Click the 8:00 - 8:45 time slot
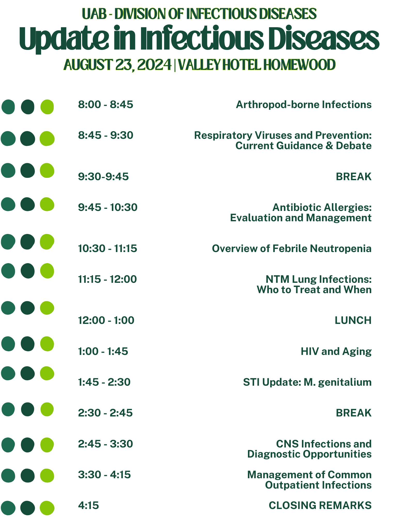(106, 105)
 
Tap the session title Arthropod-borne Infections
(304, 105)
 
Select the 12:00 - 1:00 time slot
(106, 321)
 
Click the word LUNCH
(353, 321)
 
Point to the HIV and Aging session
(336, 352)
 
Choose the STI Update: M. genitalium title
(307, 382)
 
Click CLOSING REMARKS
(320, 505)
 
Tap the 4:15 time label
(89, 505)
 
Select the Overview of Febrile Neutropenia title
(292, 249)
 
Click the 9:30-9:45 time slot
(103, 177)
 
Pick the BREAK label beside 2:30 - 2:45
(354, 413)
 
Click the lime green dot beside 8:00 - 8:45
(47, 107)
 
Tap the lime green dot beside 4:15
(47, 508)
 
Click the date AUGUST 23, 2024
(118, 65)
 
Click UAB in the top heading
(94, 14)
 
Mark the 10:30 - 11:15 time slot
(107, 249)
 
